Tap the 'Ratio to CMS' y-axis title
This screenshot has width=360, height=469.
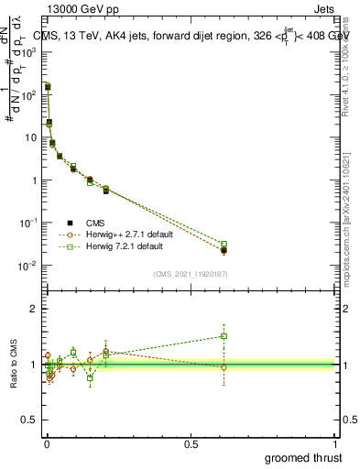(13, 365)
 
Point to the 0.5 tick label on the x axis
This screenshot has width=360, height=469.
(191, 443)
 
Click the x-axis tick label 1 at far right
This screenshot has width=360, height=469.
(336, 443)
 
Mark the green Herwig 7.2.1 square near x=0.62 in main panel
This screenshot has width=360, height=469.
(224, 245)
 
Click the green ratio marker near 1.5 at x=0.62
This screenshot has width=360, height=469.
(224, 336)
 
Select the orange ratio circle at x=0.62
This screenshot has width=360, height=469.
(224, 366)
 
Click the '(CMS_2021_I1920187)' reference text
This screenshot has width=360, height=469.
(189, 273)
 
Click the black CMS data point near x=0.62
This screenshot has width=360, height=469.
(224, 250)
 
